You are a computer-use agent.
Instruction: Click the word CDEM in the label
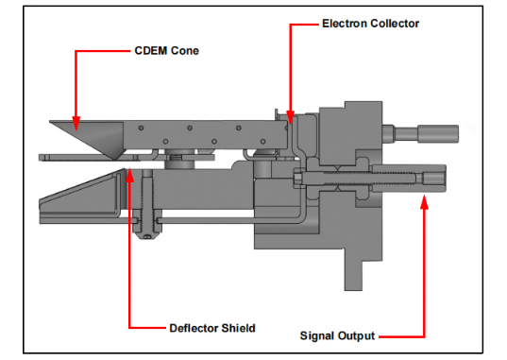(151, 51)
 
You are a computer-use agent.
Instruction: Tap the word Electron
(345, 24)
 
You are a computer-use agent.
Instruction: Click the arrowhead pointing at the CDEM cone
(76, 124)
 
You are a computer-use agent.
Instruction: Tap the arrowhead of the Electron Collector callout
(291, 118)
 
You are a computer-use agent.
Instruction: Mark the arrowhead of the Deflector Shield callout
(130, 175)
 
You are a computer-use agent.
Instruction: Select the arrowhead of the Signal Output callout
(425, 202)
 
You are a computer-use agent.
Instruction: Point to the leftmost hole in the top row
(141, 128)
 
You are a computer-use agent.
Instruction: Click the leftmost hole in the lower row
(165, 142)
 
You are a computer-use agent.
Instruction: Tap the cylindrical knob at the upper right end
(438, 133)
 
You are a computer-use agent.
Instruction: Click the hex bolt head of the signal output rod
(297, 179)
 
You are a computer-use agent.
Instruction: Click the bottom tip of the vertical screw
(147, 238)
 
